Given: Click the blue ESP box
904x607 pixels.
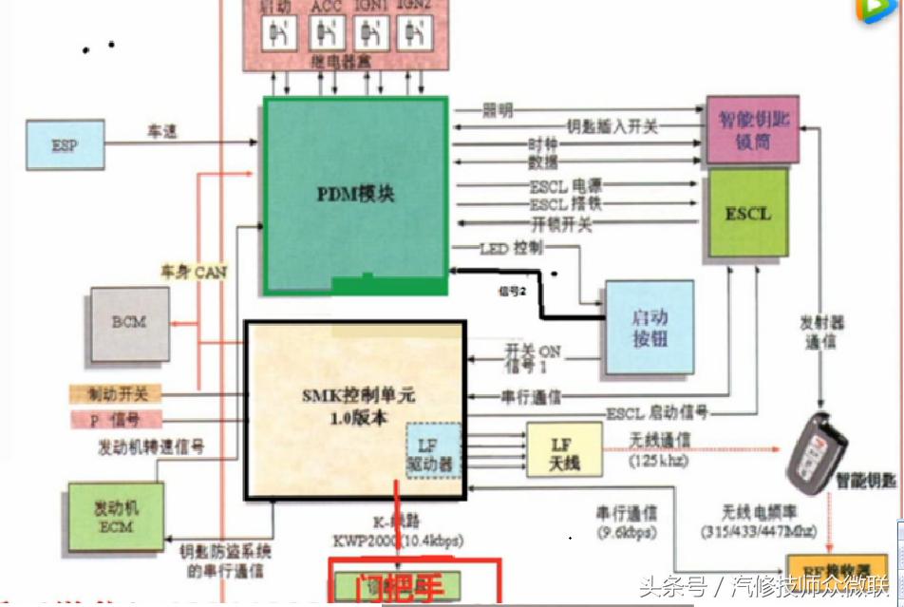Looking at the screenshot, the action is coord(66,145).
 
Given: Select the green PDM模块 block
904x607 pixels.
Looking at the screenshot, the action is coord(355,194).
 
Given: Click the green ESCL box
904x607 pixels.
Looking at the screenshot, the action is coord(748,214).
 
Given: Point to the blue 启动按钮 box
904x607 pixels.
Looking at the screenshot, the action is coord(650,327).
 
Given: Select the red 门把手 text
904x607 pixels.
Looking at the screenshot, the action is coord(414,583).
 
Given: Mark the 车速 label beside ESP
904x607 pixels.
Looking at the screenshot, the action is coord(161,132).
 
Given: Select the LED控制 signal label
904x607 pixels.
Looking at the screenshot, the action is coord(513,248).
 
